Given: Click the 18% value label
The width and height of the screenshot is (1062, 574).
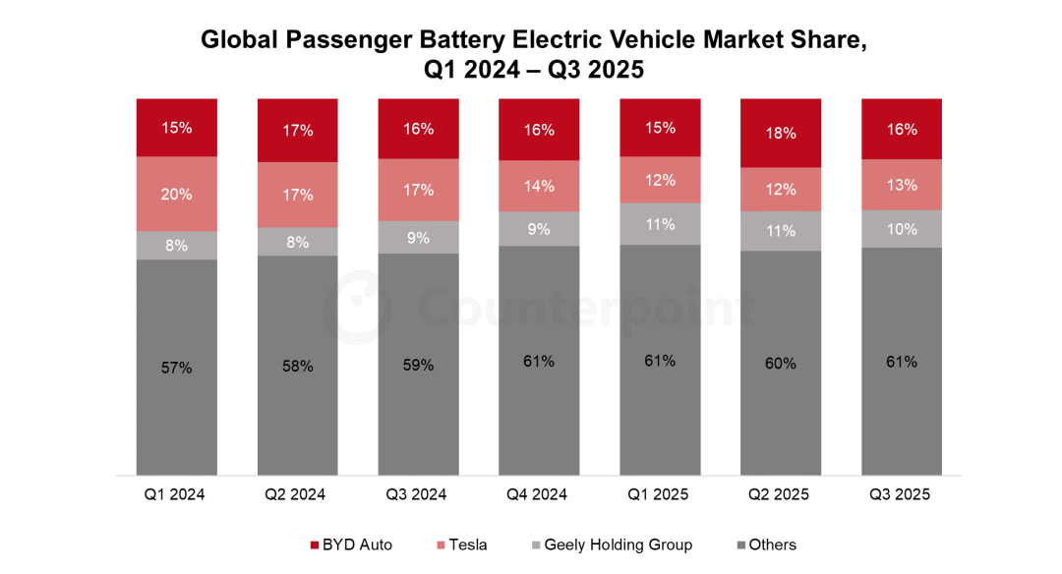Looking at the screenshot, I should click(x=781, y=134).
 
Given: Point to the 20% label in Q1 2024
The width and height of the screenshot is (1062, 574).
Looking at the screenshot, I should click(x=177, y=194).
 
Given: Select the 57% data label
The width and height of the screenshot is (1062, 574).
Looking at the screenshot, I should click(x=177, y=369).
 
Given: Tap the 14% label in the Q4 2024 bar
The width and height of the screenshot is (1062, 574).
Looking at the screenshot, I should click(x=539, y=185).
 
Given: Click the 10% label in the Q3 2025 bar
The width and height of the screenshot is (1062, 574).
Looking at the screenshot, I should click(x=902, y=229).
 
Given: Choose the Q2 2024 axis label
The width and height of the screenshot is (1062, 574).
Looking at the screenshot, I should click(x=297, y=495).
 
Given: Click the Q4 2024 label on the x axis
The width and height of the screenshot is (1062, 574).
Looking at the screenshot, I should click(x=539, y=495).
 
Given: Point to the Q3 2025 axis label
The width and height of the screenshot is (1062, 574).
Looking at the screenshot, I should click(x=902, y=495).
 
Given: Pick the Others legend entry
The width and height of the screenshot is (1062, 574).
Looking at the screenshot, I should click(x=772, y=545).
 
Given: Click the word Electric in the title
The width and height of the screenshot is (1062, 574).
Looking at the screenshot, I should click(x=655, y=40).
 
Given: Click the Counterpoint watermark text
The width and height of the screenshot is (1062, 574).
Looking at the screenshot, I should click(x=586, y=308).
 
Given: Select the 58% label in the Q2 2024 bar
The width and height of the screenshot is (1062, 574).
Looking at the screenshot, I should click(x=297, y=367).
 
